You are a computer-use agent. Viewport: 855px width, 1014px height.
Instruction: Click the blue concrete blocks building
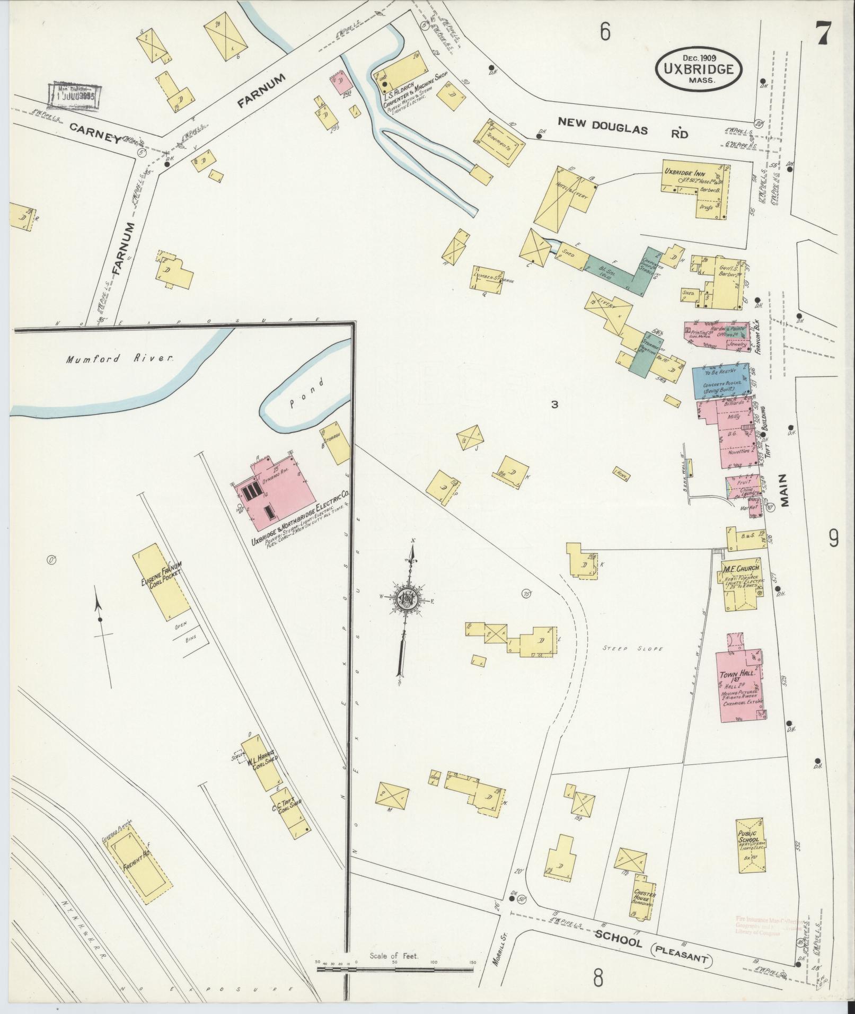point(721,381)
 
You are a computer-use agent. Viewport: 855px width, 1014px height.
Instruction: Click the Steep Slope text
point(633,648)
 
